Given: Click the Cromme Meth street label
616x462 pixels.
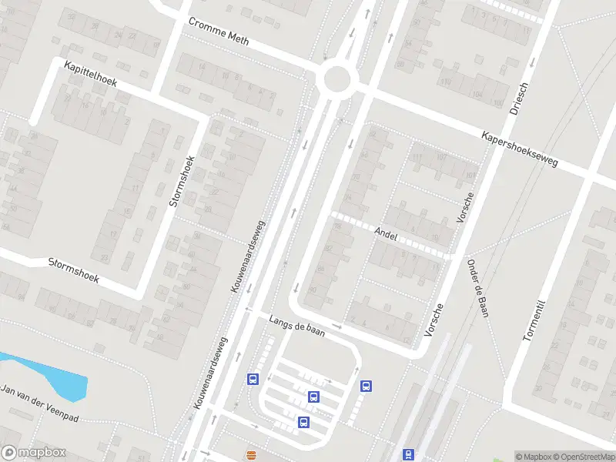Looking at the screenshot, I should pyautogui.click(x=219, y=32).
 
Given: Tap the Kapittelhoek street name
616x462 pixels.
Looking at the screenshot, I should pyautogui.click(x=90, y=74).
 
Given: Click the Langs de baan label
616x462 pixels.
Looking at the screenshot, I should pyautogui.click(x=297, y=326).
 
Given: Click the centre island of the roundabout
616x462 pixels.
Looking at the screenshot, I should pyautogui.click(x=336, y=79).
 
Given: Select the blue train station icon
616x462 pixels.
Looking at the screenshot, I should pyautogui.click(x=409, y=454).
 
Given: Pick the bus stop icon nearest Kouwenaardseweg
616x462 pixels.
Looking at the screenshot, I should pyautogui.click(x=252, y=379).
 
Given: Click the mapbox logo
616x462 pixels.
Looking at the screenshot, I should pyautogui.click(x=34, y=452).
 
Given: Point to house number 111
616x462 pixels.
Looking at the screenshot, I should pyautogui.click(x=418, y=159).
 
